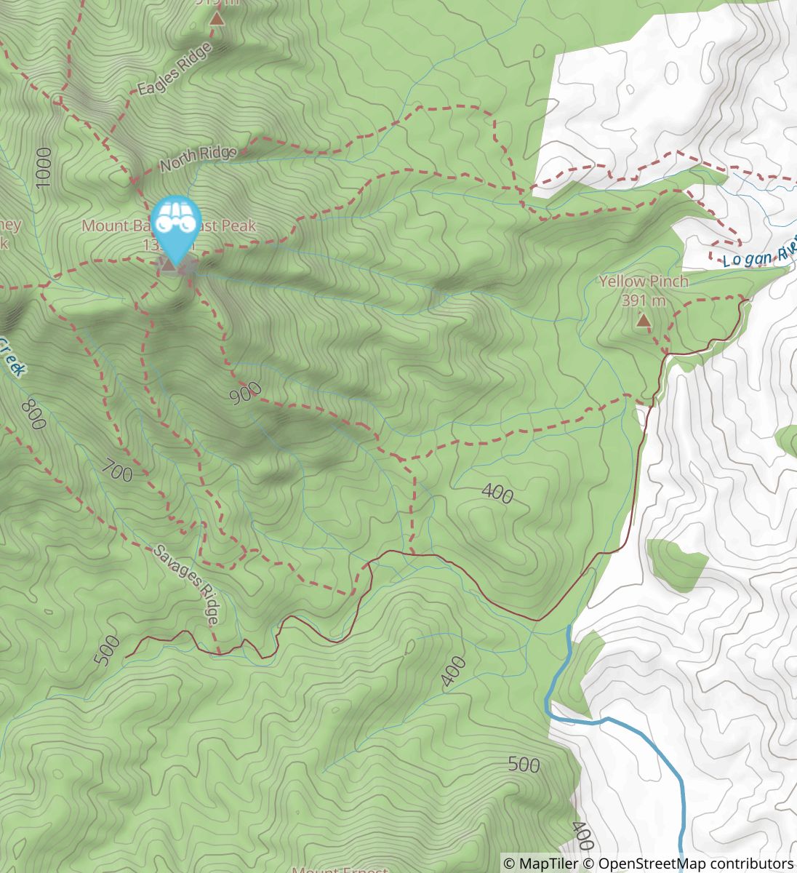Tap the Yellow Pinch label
(x=643, y=282)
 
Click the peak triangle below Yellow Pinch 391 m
(x=644, y=319)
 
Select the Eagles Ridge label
(x=175, y=69)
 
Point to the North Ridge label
(x=198, y=159)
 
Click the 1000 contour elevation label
(x=44, y=167)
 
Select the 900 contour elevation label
(x=244, y=394)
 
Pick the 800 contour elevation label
(x=33, y=415)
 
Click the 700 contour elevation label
(x=117, y=471)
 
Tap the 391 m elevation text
(x=644, y=300)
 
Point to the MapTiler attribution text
(x=541, y=864)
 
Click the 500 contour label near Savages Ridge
(x=106, y=650)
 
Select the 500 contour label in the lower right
(x=524, y=765)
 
